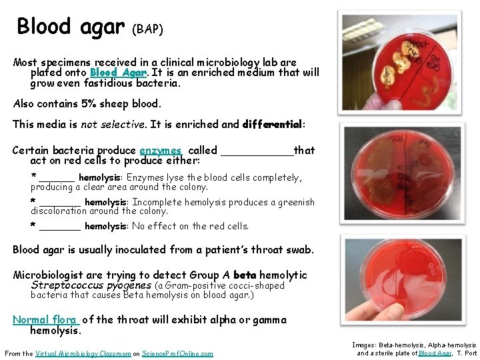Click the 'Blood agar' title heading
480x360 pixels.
pos(70,26)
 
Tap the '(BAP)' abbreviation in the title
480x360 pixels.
pos(147,29)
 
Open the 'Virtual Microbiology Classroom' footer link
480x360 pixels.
pos(77,353)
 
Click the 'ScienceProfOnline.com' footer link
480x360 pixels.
pos(177,353)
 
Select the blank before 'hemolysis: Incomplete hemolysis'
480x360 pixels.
pos(59,203)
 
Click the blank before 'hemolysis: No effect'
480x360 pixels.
pos(59,227)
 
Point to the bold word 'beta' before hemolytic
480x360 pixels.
pos(245,275)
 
